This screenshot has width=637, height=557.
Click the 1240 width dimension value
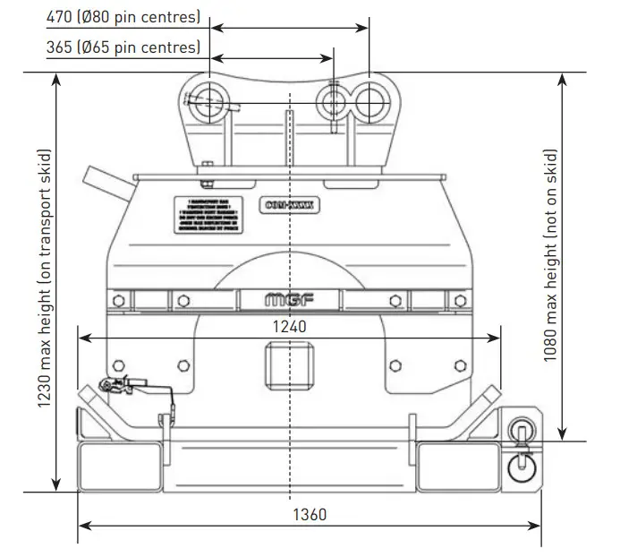289,327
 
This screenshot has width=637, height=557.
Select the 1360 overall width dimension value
309,515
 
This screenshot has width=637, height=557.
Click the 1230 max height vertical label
42,282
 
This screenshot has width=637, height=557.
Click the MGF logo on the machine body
290,300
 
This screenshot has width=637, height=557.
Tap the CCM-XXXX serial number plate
291,203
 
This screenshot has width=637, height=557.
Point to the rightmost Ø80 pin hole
368,101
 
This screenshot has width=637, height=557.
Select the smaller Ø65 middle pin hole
333,102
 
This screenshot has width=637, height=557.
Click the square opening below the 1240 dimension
290,364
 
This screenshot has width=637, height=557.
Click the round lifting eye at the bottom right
519,466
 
